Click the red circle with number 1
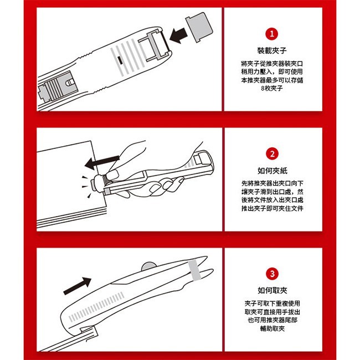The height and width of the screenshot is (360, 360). point(272,34)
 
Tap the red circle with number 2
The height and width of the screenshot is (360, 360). point(272,153)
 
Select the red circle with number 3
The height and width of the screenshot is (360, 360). point(272,274)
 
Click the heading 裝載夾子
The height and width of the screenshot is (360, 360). point(272,50)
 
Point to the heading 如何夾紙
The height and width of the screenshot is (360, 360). point(272,171)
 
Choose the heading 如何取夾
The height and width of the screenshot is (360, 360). point(272,290)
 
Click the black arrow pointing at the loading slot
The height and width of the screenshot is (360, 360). point(179,35)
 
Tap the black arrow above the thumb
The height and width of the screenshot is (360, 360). point(102,162)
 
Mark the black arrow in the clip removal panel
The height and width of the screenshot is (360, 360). point(77,286)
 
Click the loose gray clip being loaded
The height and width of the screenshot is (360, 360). point(199,27)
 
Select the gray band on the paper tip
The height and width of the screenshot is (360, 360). point(194,270)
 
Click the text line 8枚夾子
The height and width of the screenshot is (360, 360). point(272,88)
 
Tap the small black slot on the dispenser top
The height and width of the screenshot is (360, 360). point(120,60)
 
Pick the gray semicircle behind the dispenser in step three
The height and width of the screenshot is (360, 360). point(149,266)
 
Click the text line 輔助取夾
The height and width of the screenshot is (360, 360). point(272,328)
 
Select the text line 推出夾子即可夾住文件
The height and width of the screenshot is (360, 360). point(272,208)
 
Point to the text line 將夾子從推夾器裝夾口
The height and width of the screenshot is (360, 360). point(272,63)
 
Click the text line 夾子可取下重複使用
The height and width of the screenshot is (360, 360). point(272,304)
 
